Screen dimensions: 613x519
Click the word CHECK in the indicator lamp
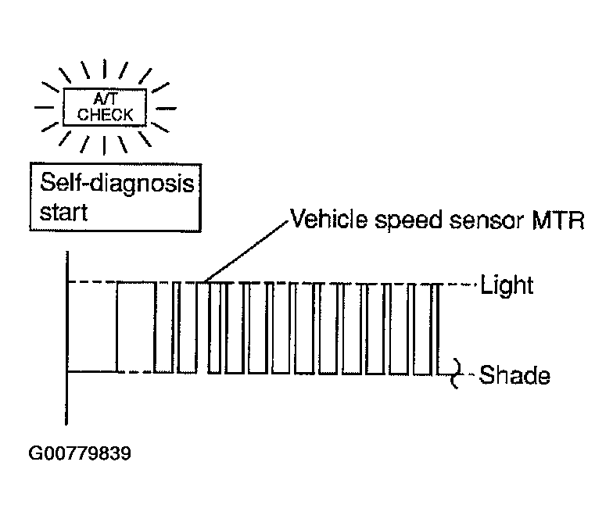click(105, 114)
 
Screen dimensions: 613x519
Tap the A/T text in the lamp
click(105, 98)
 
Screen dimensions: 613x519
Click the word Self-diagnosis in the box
click(117, 184)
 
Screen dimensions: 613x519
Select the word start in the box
click(63, 213)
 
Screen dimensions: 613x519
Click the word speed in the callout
click(408, 221)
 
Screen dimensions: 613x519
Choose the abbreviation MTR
click(557, 220)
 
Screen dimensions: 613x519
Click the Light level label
click(507, 285)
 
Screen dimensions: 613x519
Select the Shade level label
click(514, 375)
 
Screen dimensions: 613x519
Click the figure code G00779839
click(80, 453)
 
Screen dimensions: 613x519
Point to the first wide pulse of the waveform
click(136, 327)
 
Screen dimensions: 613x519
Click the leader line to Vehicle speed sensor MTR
click(246, 252)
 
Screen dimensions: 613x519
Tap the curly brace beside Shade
click(456, 374)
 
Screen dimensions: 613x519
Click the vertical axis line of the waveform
click(67, 338)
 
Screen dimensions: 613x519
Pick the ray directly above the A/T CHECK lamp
click(105, 69)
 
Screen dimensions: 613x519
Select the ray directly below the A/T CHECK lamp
click(105, 145)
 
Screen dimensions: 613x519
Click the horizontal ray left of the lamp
click(44, 106)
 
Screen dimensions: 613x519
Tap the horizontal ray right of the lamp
click(166, 108)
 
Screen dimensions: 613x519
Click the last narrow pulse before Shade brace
click(436, 328)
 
